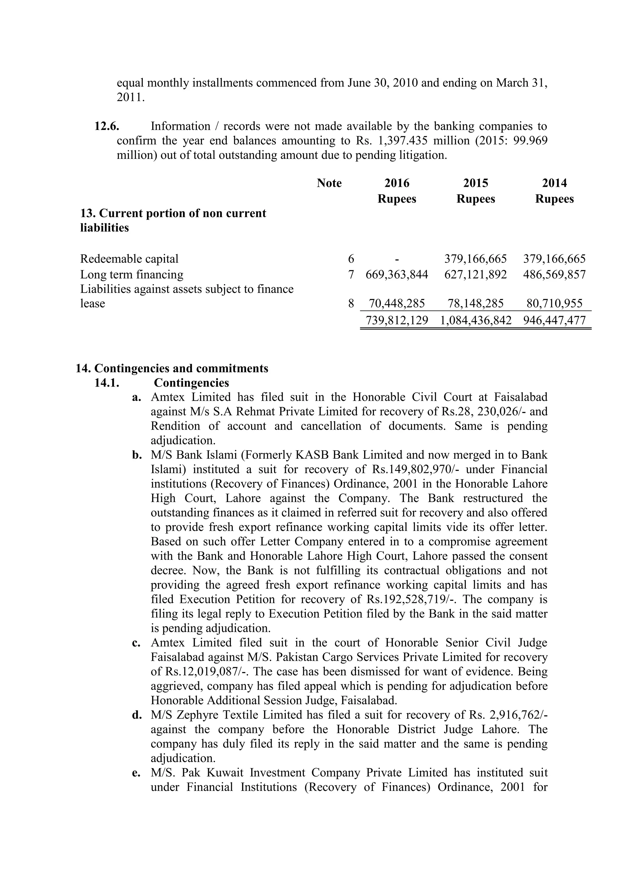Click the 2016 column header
(x=397, y=183)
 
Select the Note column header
(x=329, y=183)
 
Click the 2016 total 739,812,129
(x=397, y=320)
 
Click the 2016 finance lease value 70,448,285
(x=397, y=304)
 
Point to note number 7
(x=351, y=274)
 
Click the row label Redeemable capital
(x=129, y=259)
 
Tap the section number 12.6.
(x=107, y=126)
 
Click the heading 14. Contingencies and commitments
(x=172, y=368)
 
